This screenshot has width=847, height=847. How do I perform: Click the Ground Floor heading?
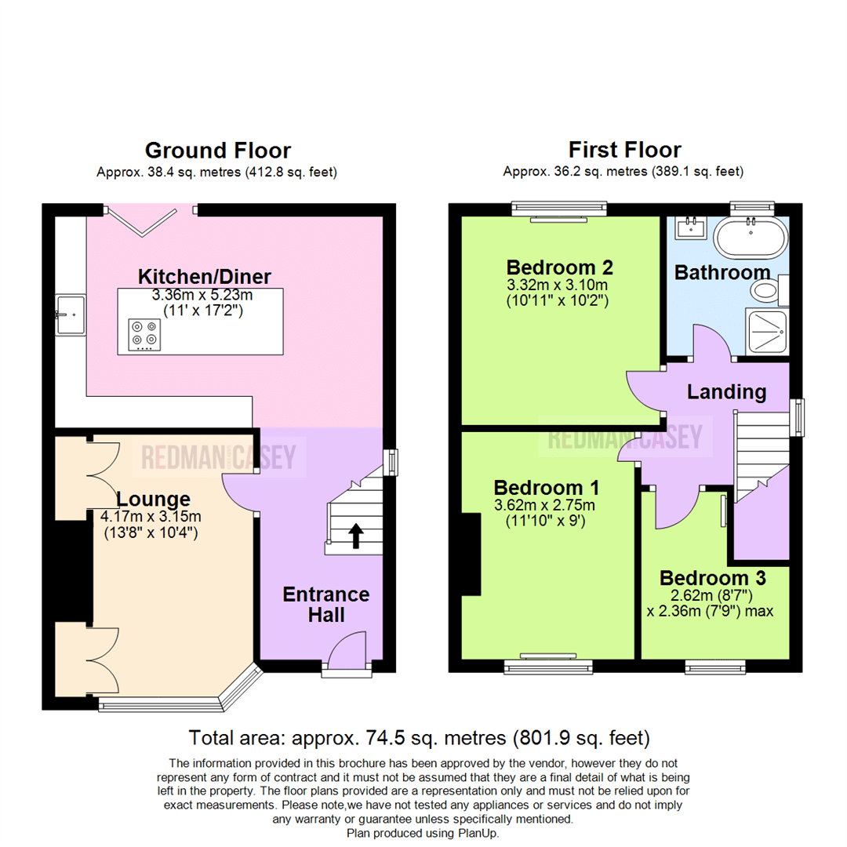point(217,150)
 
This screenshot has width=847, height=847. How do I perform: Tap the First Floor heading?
point(624,149)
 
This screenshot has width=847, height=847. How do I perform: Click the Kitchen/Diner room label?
point(205,276)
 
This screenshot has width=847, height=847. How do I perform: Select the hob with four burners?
point(142,334)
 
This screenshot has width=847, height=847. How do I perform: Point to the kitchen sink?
point(70,314)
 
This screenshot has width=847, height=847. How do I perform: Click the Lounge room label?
point(154,499)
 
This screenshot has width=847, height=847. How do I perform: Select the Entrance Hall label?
point(325,604)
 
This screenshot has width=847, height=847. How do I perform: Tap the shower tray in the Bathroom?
point(765,330)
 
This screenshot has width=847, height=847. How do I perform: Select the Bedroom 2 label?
point(559,265)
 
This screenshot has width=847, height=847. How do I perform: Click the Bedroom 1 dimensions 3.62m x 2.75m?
point(543,504)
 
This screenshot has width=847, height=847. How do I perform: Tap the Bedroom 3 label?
point(712,578)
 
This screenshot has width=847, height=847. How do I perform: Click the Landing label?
point(726,391)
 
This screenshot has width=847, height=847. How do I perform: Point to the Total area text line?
point(420,737)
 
